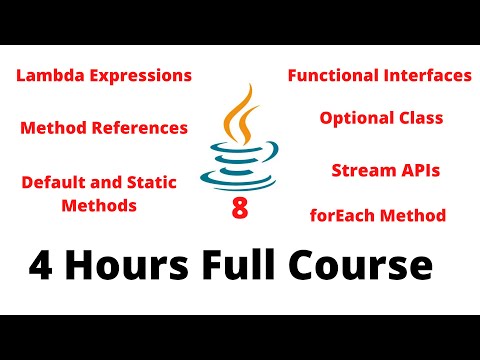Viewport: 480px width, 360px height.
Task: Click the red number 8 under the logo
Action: pyautogui.click(x=239, y=209)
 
